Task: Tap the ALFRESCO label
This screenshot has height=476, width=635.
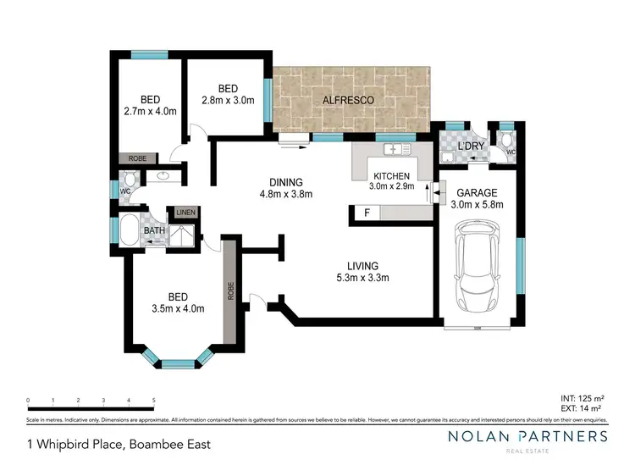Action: pos(349,101)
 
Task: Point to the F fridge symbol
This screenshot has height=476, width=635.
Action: pos(367,213)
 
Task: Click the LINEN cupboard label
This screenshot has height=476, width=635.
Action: pos(185,213)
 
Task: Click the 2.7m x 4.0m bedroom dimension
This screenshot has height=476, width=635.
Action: pos(149,109)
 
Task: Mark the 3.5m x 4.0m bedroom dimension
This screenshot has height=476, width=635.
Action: pos(177,308)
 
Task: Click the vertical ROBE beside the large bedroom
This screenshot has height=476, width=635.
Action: pos(229,291)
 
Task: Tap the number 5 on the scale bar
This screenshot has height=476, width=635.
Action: pos(153,400)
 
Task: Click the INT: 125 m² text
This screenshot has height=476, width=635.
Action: pos(583,396)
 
